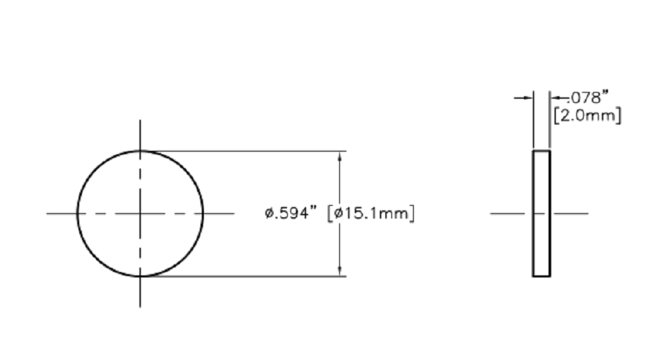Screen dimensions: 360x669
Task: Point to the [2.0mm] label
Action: click(587, 115)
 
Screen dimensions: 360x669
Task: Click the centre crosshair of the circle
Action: click(140, 213)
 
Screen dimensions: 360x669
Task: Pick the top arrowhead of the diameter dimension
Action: click(340, 156)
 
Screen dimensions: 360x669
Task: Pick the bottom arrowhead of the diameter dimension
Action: click(340, 271)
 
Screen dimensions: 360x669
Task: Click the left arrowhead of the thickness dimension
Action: click(528, 98)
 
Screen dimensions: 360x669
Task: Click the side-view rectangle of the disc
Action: click(541, 213)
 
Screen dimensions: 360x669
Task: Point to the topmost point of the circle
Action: click(140, 151)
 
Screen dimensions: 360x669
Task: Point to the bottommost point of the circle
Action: click(140, 276)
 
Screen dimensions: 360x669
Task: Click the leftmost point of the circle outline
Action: click(77, 213)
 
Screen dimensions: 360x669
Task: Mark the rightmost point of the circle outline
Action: click(203, 213)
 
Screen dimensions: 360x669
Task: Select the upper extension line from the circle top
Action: click(244, 151)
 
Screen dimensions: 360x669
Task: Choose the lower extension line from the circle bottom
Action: click(244, 276)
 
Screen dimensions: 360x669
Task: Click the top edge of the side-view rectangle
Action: click(541, 151)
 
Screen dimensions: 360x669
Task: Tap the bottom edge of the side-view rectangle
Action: click(541, 276)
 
